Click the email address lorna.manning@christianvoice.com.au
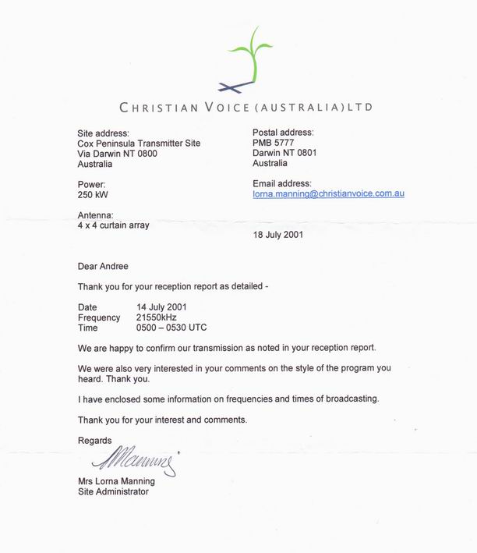pyautogui.click(x=328, y=193)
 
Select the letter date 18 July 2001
pyautogui.click(x=278, y=234)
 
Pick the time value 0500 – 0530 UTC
pyautogui.click(x=171, y=328)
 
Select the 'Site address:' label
pyautogui.click(x=104, y=133)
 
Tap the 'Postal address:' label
pyautogui.click(x=283, y=133)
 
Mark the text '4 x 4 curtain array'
pyautogui.click(x=113, y=225)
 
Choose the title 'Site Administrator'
pyautogui.click(x=113, y=491)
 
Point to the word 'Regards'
pyautogui.click(x=94, y=441)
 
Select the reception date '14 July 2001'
pyautogui.click(x=161, y=307)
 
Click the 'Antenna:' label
pyautogui.click(x=97, y=215)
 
